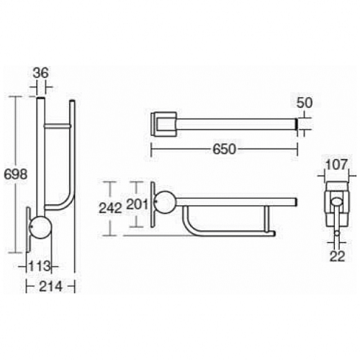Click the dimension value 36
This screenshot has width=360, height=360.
[40, 73]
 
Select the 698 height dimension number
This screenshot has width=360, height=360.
[16, 174]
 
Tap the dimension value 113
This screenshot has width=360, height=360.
[40, 266]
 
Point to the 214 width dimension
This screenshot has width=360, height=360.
[50, 286]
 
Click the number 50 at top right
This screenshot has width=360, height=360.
[305, 103]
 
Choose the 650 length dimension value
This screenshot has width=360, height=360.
[225, 149]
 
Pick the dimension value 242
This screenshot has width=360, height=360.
[110, 208]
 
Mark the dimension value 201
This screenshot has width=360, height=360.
[137, 204]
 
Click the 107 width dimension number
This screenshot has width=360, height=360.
[336, 165]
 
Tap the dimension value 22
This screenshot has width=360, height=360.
[337, 256]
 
